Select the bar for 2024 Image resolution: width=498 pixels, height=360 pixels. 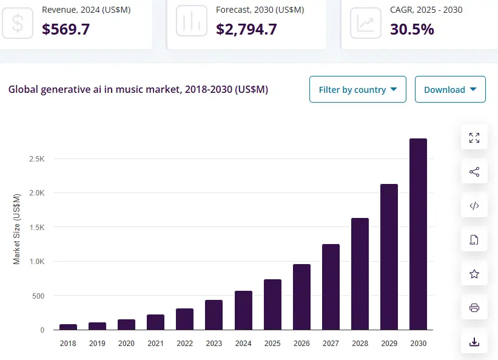[x=243, y=310]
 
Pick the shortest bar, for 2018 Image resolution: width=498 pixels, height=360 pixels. [x=68, y=327]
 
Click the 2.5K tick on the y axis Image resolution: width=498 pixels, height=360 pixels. [x=37, y=158]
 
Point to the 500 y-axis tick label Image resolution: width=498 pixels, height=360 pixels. [x=38, y=296]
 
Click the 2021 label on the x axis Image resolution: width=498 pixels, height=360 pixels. [x=155, y=344]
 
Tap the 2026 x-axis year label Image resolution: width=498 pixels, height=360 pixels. [x=301, y=344]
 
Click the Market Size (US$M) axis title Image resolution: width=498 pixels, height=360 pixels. [x=17, y=228]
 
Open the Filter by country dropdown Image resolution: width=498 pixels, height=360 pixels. [x=357, y=89]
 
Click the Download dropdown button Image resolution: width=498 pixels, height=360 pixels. [x=450, y=89]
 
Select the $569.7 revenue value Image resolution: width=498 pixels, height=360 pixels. [x=66, y=29]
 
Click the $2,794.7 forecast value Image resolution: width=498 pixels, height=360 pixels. [x=246, y=29]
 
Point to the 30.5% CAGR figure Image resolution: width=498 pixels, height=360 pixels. [x=412, y=29]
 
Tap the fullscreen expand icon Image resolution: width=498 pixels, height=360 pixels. [x=474, y=138]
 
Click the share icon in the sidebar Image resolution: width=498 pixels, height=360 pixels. [x=474, y=172]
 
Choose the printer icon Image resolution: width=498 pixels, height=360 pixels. [x=474, y=308]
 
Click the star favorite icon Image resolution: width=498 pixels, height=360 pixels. [x=474, y=274]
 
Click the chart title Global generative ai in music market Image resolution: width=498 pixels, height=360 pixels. [x=138, y=89]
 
